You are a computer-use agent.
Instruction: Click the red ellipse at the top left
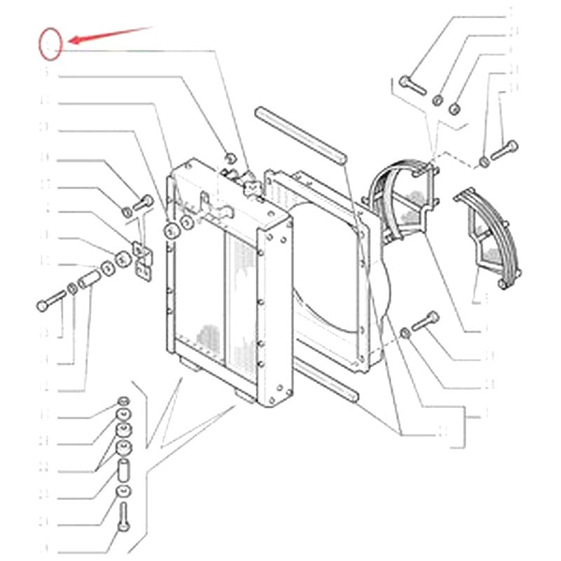pos(50,42)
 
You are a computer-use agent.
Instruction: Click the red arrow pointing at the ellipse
pos(109,35)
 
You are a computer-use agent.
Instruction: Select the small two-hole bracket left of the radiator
pos(142,260)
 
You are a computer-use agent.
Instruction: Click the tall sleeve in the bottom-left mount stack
pos(124,467)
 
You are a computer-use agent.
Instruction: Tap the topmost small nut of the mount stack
pos(123,400)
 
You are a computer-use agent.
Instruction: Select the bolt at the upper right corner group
pos(412,86)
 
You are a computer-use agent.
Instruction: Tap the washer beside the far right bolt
pos(484,163)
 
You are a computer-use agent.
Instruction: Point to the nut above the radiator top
pos(229,156)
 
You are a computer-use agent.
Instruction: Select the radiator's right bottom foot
pos(245,397)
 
